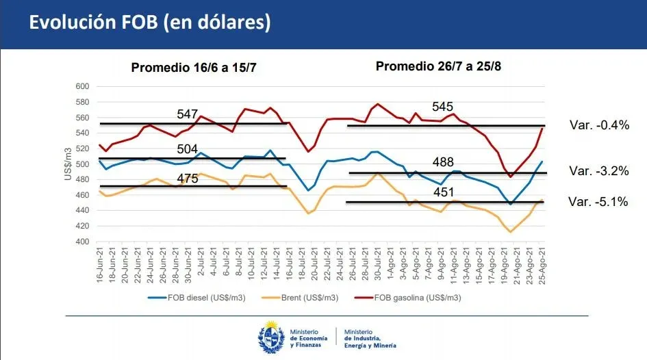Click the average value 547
(188, 114)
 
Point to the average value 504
(188, 149)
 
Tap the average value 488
(443, 163)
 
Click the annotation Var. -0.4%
(599, 125)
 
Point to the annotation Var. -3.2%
(599, 171)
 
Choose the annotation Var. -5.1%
(599, 202)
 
